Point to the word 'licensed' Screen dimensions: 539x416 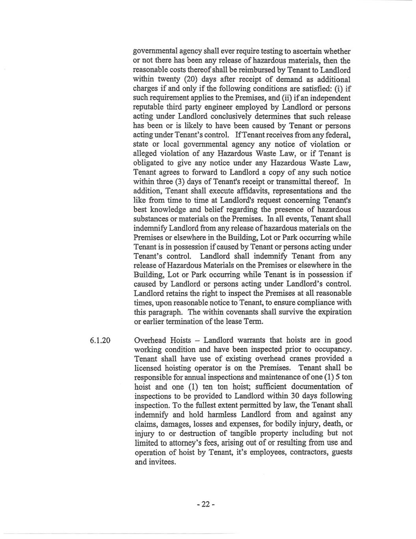pyautogui.click(x=148, y=368)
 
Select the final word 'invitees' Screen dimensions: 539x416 pyautogui.click(x=162, y=462)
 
